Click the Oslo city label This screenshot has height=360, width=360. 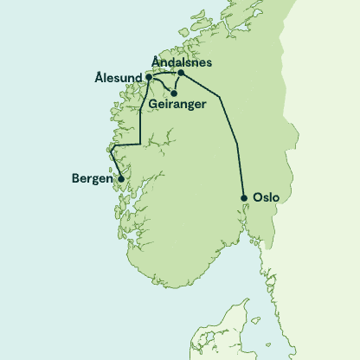pyautogui.click(x=267, y=197)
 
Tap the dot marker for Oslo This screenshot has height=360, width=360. pyautogui.click(x=245, y=197)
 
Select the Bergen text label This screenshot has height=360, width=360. pyautogui.click(x=91, y=180)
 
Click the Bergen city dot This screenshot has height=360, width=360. pyautogui.click(x=120, y=179)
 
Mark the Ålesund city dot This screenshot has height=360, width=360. pyautogui.click(x=149, y=77)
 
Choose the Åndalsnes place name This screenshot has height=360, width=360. pyautogui.click(x=182, y=62)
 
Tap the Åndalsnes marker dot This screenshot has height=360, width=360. pyautogui.click(x=180, y=74)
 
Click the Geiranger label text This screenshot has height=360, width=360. pyautogui.click(x=177, y=105)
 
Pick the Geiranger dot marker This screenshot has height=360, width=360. pyautogui.click(x=174, y=93)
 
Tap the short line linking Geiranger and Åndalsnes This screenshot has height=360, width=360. pyautogui.click(x=177, y=84)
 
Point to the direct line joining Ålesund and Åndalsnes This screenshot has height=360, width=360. pyautogui.click(x=164, y=74)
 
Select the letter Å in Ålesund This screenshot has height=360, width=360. pyautogui.click(x=97, y=78)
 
